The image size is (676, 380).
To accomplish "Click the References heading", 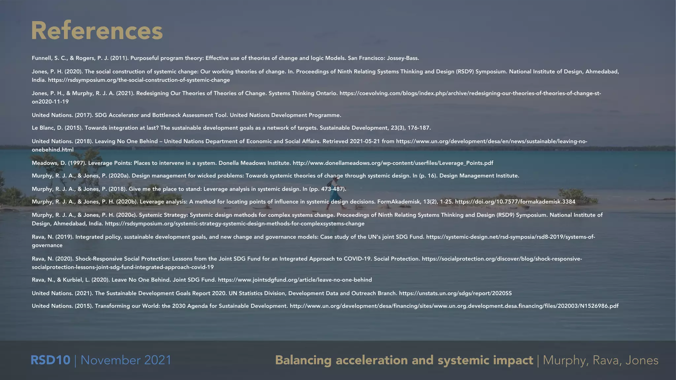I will click(97, 31).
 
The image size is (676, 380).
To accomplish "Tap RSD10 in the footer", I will click(50, 360).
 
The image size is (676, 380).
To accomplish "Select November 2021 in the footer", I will click(126, 360).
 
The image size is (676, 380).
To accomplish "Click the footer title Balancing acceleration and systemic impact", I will click(404, 360).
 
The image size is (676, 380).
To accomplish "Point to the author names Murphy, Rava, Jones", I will click(600, 360).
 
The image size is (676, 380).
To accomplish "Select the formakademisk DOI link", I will click(515, 202).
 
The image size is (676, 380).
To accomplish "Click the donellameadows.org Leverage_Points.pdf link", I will click(393, 163).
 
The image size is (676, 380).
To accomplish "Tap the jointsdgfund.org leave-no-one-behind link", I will click(295, 280).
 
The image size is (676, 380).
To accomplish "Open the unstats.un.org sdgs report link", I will click(455, 293).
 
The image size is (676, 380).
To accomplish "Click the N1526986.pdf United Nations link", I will click(454, 306).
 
